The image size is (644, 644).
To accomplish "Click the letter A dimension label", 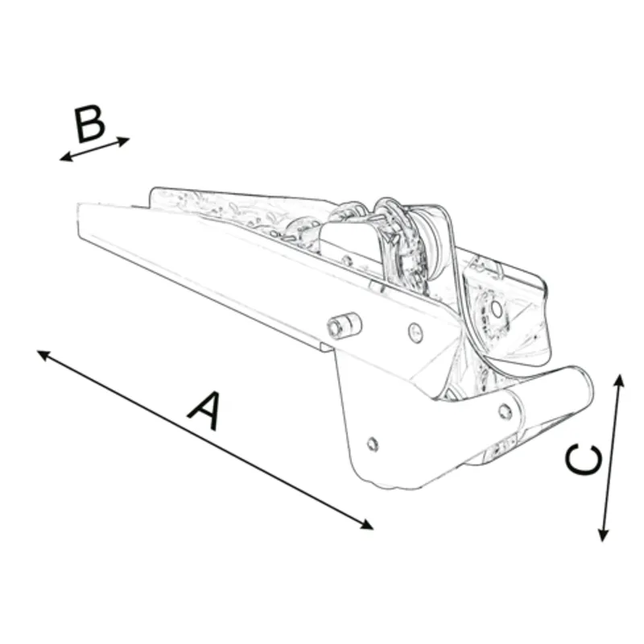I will coord(204,410).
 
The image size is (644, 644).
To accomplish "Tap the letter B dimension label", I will coord(89,125).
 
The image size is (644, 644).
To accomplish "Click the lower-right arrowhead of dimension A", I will coord(369,526).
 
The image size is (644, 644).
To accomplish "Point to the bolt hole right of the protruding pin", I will coord(414,329).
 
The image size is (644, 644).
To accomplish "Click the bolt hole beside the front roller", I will coord(505,411).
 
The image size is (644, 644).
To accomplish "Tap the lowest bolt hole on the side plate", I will coord(371,443).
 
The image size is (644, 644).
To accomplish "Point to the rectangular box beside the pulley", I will coord(348,238).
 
